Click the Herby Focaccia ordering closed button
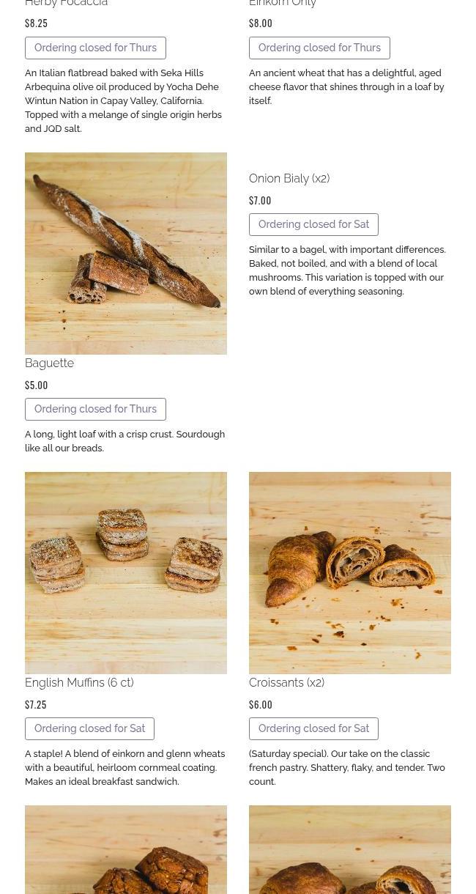pyautogui.click(x=95, y=48)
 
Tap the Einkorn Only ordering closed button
pyautogui.click(x=319, y=48)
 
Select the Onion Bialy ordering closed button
pyautogui.click(x=313, y=224)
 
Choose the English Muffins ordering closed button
pyautogui.click(x=89, y=728)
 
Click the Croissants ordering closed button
pyautogui.click(x=313, y=728)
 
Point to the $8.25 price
pyautogui.click(x=37, y=23)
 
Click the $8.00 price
pyautogui.click(x=261, y=23)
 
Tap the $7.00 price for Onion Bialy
pyautogui.click(x=260, y=200)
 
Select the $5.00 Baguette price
pyautogui.click(x=37, y=385)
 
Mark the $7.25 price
pyautogui.click(x=36, y=704)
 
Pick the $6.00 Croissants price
pyautogui.click(x=261, y=704)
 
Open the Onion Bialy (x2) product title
pyautogui.click(x=289, y=178)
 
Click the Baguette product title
pyautogui.click(x=50, y=363)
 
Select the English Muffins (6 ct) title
pyautogui.click(x=79, y=682)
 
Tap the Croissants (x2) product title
pyautogui.click(x=287, y=682)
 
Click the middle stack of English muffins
pyautogui.click(x=122, y=534)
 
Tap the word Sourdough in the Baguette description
pyautogui.click(x=201, y=435)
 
